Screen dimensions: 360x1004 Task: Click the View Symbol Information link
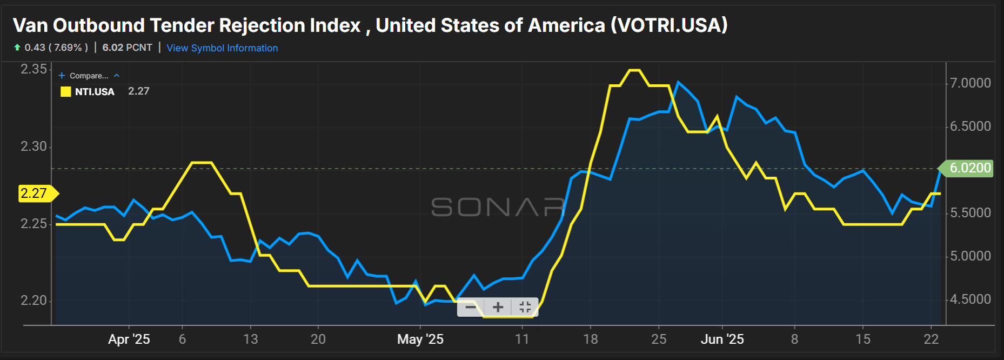tap(222, 48)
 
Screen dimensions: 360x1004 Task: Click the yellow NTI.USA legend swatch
tap(66, 92)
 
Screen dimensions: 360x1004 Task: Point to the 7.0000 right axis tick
tap(970, 83)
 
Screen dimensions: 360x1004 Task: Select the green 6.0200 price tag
tap(969, 168)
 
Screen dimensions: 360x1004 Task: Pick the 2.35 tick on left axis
tap(34, 69)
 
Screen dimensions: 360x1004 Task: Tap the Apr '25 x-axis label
tap(129, 339)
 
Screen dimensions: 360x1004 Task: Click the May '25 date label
tap(420, 339)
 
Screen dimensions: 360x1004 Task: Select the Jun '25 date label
tap(722, 339)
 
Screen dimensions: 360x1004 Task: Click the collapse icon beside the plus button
tap(525, 307)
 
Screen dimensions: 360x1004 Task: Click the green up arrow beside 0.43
tap(17, 48)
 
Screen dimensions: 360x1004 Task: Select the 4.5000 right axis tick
tap(970, 299)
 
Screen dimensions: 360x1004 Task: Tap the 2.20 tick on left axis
tap(34, 301)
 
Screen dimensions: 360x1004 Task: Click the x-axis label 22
tap(931, 339)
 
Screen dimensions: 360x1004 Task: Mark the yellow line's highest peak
tap(634, 70)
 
